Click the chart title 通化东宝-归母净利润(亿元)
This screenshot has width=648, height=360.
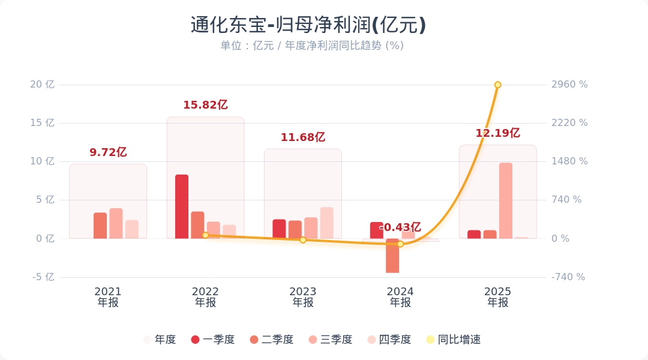(308, 25)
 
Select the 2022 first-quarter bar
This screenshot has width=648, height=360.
(182, 206)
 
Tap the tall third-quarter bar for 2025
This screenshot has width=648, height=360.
(506, 200)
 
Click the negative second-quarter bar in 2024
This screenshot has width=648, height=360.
(392, 256)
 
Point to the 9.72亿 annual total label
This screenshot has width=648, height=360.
(108, 152)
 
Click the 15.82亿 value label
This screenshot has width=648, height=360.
(205, 105)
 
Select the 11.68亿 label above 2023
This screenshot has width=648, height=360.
(303, 137)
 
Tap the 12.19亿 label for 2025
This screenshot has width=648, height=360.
(497, 133)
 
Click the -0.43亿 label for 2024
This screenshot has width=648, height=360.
(400, 227)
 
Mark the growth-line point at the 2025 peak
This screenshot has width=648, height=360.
(497, 85)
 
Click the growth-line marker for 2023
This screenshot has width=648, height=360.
(303, 240)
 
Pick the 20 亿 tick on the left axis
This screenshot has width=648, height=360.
(42, 85)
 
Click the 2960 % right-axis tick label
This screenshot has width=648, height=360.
(569, 85)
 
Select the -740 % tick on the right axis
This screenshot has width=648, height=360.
(568, 277)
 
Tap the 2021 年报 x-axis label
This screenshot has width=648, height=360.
(108, 297)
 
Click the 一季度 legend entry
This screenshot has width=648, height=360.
(212, 340)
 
